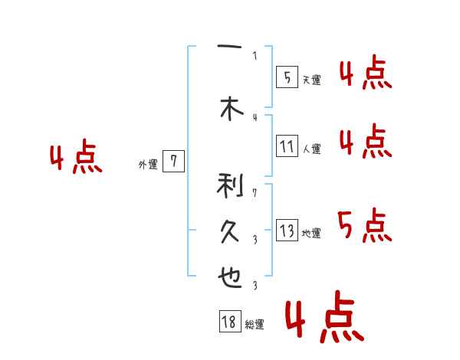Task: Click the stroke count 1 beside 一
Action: click(x=255, y=55)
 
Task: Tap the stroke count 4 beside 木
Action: click(x=255, y=116)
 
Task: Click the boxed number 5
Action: click(x=287, y=77)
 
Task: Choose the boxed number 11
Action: click(x=287, y=146)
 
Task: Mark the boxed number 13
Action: click(x=287, y=231)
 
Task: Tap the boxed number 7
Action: click(x=174, y=161)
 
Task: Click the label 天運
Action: click(x=311, y=80)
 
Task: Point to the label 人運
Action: click(x=311, y=149)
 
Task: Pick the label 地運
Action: click(x=311, y=234)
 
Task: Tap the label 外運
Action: click(x=148, y=164)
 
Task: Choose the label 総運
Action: click(x=255, y=325)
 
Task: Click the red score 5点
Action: click(x=364, y=225)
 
